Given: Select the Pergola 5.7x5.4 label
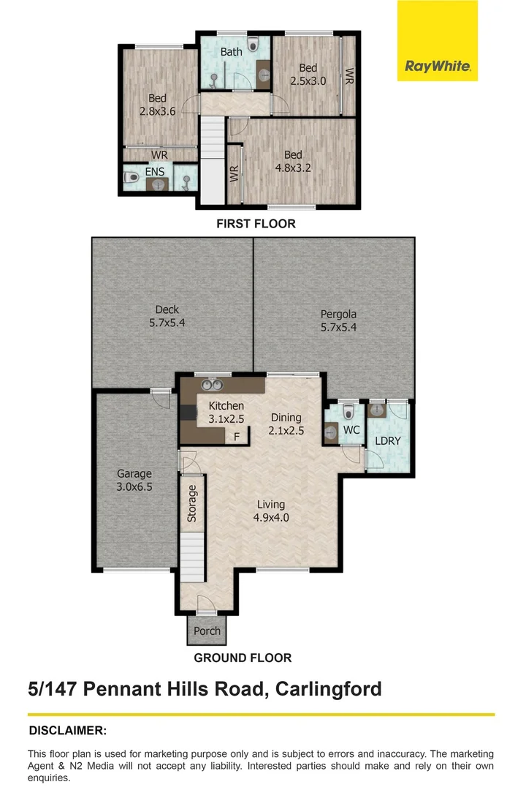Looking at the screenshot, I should tap(339, 321).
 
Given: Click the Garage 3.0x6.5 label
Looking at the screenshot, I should tap(134, 480).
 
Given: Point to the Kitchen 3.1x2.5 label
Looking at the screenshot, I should tap(226, 412).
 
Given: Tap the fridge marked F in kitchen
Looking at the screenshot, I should tap(236, 437).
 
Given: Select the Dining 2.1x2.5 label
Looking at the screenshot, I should tap(286, 424).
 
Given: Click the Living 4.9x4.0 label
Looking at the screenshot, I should tap(270, 511).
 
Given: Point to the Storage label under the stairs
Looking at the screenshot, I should tap(193, 503).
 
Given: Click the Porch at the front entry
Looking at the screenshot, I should tap(207, 631).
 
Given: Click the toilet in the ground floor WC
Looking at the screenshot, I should tap(348, 411).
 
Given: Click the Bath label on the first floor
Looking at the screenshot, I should tap(232, 52).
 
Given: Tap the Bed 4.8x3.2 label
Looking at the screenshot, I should tap(293, 161).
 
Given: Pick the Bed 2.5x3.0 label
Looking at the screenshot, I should tap(308, 74).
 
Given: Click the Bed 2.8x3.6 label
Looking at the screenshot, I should tap(157, 105).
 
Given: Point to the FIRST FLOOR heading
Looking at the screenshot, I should tap(256, 224).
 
